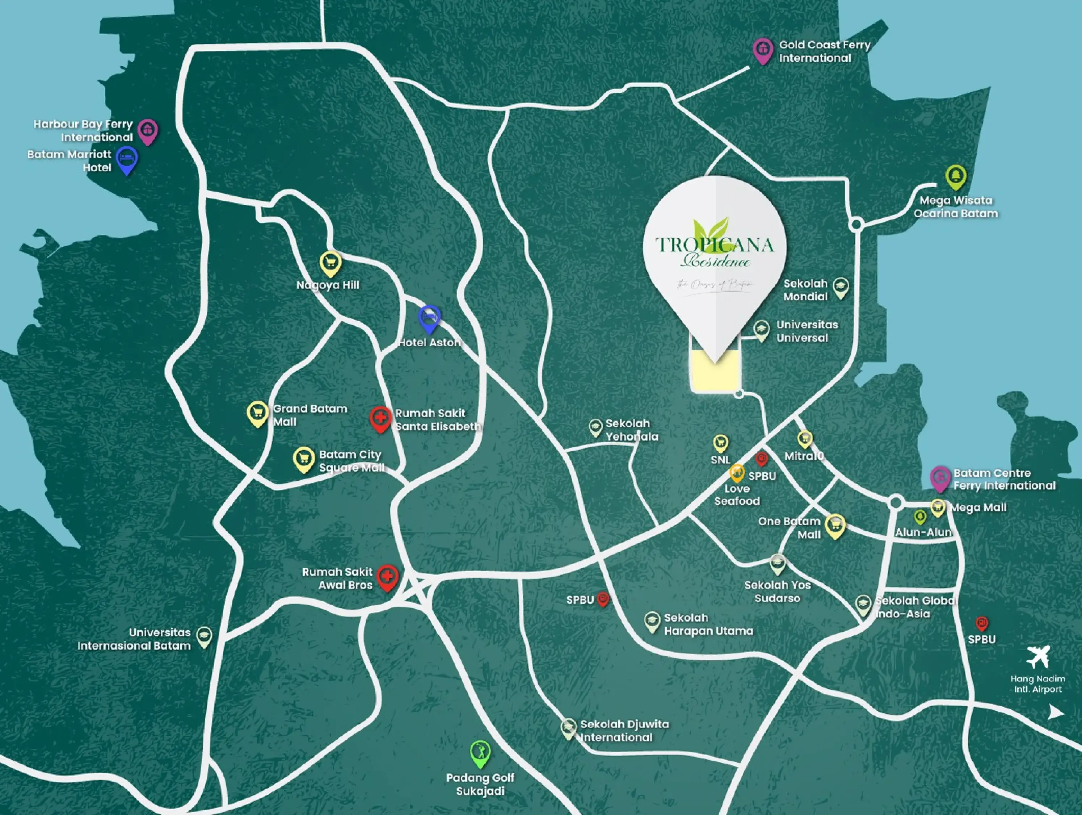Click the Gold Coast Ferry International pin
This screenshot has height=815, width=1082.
(762, 50)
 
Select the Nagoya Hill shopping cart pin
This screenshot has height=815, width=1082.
(330, 263)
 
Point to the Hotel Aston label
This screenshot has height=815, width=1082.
(429, 343)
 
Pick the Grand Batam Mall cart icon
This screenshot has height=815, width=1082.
(257, 413)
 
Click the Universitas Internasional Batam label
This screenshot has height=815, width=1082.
(134, 639)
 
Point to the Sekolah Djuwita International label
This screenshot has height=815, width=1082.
(624, 731)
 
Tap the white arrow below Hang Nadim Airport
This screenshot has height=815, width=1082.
(1056, 713)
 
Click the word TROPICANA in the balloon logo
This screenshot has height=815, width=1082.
(714, 244)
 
